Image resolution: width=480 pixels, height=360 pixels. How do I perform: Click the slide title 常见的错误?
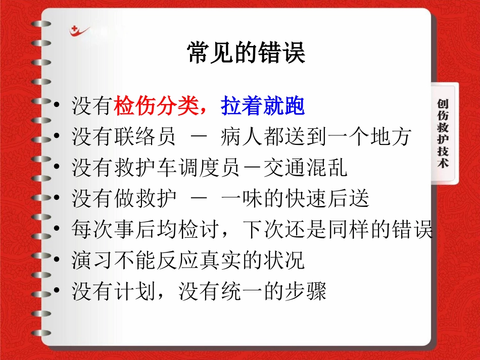246,53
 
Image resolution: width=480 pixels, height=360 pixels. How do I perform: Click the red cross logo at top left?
79,31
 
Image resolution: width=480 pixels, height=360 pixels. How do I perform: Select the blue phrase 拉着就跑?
263,107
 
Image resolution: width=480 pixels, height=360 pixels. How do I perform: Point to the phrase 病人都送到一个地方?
315,137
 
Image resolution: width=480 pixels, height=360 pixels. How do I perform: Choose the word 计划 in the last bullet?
143,291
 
